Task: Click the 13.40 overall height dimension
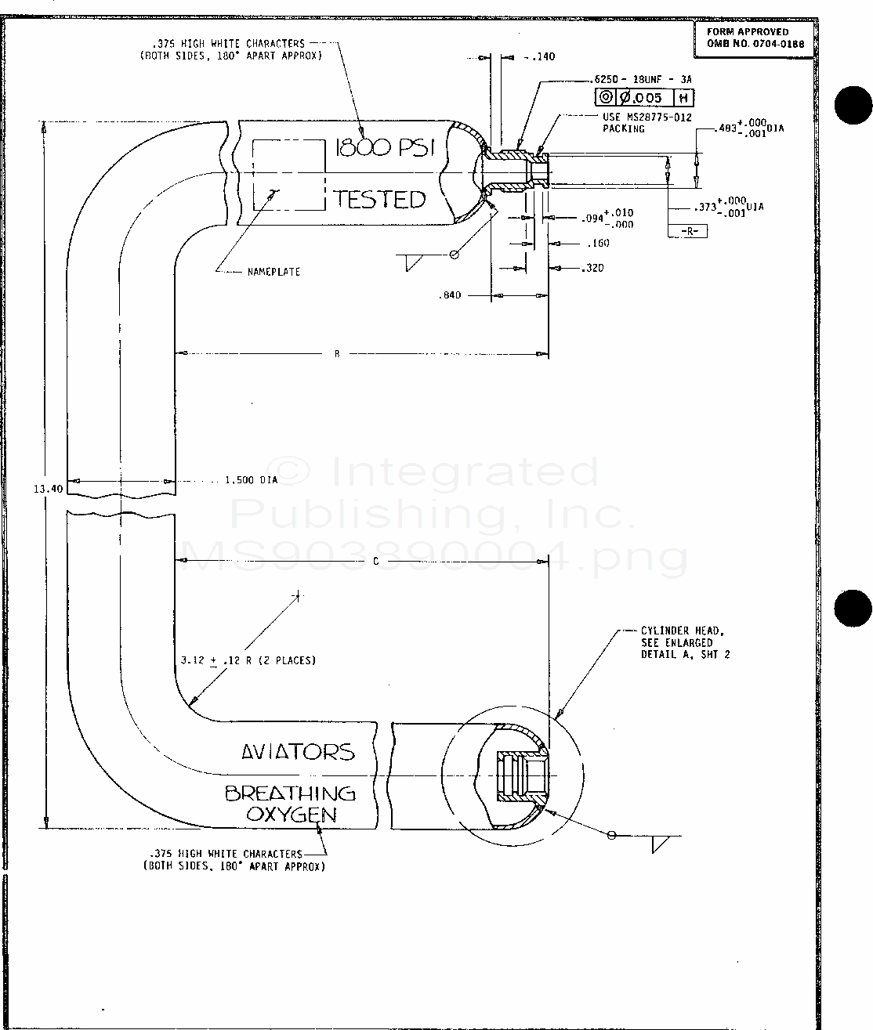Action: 48,489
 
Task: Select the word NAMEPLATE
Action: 273,272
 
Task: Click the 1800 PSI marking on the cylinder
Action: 384,148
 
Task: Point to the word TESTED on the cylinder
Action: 380,199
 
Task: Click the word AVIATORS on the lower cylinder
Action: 298,752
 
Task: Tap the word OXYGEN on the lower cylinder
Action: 292,814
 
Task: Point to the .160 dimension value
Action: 598,244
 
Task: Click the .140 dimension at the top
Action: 542,56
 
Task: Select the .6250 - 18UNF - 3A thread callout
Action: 643,80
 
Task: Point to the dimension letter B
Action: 337,354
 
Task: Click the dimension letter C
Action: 375,561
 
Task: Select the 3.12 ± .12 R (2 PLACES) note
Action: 248,660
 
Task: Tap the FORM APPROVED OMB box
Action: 755,38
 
